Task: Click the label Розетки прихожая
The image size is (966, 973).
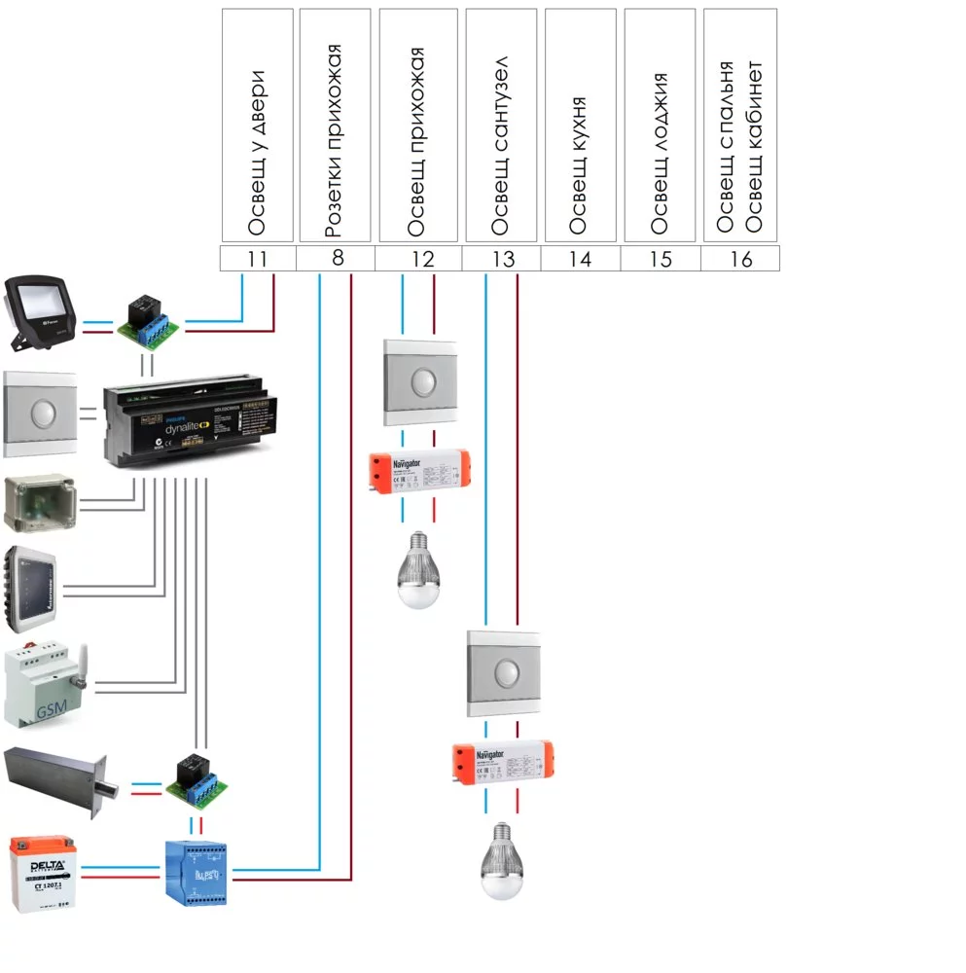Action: pyautogui.click(x=336, y=141)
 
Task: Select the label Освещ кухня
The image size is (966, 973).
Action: pyautogui.click(x=581, y=165)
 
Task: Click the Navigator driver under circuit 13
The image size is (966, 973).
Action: pyautogui.click(x=502, y=762)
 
